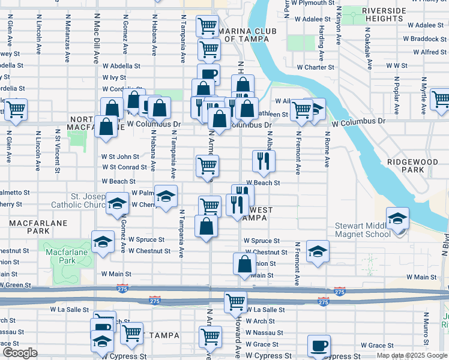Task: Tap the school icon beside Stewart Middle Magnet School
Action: click(x=397, y=219)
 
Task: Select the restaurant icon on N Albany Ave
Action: click(x=263, y=161)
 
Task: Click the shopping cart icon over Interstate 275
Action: click(x=236, y=302)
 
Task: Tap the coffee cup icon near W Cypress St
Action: click(x=319, y=346)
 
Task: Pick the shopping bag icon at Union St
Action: click(x=245, y=264)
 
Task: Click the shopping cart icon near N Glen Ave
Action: click(x=16, y=110)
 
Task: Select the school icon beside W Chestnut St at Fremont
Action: click(x=318, y=251)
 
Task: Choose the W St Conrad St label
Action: click(x=124, y=167)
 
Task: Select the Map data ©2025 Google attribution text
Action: click(x=411, y=355)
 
